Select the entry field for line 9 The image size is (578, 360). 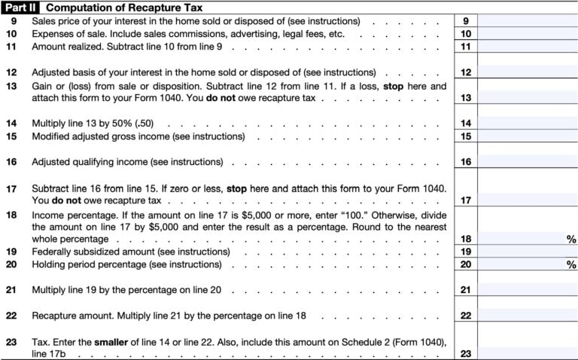(x=527, y=21)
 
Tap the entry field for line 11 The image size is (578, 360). (x=527, y=47)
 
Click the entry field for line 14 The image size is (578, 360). (x=527, y=123)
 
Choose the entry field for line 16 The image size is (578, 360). (x=527, y=162)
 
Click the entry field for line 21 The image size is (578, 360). (x=527, y=289)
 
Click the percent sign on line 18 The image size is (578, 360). (x=571, y=239)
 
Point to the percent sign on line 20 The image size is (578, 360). (x=571, y=264)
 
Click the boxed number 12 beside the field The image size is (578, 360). (x=466, y=72)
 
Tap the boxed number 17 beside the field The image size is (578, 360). (x=466, y=200)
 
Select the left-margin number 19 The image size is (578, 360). (x=11, y=252)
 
